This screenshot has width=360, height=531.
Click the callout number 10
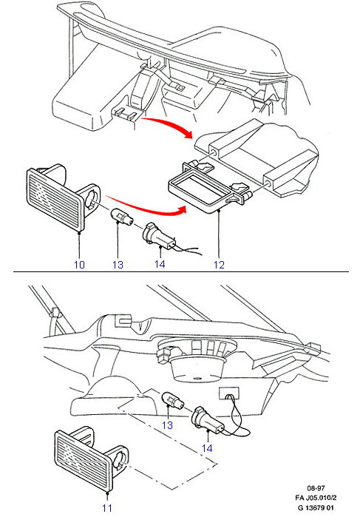(x=79, y=265)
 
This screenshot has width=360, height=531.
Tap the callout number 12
(x=220, y=265)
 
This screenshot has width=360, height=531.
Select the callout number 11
(x=107, y=508)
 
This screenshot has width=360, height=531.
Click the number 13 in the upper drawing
(x=118, y=265)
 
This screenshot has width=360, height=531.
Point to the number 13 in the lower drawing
(x=168, y=425)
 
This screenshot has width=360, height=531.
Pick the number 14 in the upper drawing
(x=160, y=264)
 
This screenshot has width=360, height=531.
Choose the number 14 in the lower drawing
(x=207, y=448)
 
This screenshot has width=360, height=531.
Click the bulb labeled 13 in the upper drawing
(x=121, y=217)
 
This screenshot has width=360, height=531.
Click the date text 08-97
(x=316, y=488)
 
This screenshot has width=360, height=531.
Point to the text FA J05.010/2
(x=316, y=498)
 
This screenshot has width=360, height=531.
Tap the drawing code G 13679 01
(x=316, y=507)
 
